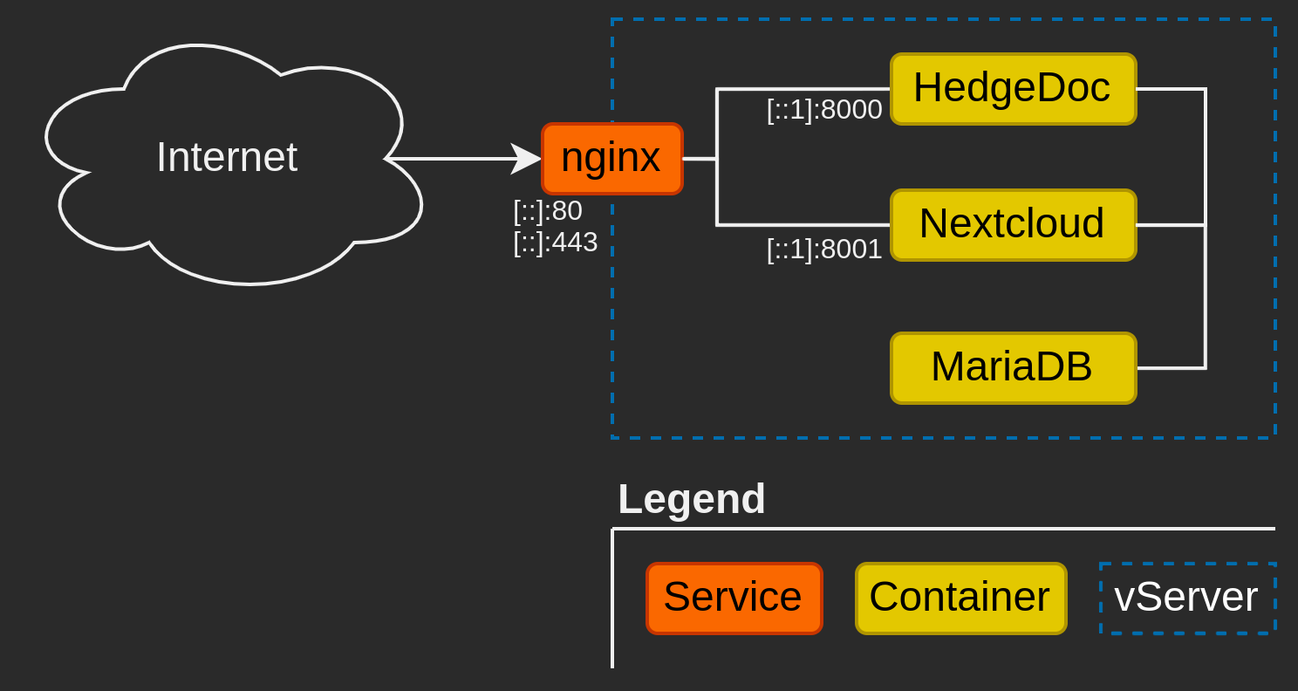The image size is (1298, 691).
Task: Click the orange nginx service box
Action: [611, 159]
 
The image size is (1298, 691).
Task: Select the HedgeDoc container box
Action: [1013, 89]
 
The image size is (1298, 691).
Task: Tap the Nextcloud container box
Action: [1013, 225]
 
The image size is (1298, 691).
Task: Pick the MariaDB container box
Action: [1013, 368]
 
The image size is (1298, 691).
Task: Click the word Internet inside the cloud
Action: [227, 158]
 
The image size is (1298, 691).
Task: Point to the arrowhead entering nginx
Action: [526, 159]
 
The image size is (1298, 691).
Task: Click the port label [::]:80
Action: [548, 211]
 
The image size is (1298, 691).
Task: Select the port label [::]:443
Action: [555, 243]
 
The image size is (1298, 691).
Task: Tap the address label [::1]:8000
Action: [824, 110]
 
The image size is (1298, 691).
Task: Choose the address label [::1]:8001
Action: [824, 250]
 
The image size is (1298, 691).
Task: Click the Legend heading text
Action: [691, 499]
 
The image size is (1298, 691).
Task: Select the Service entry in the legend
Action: [734, 598]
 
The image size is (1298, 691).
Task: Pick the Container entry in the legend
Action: [960, 598]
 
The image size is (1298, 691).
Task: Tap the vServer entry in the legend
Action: [1187, 598]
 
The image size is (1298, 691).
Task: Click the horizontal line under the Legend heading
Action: [942, 529]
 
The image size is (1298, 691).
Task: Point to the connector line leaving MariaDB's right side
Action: [1171, 368]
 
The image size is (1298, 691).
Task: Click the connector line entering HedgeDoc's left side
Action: [803, 89]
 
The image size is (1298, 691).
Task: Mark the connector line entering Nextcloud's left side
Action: [803, 225]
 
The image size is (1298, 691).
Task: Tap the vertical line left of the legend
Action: [612, 602]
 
